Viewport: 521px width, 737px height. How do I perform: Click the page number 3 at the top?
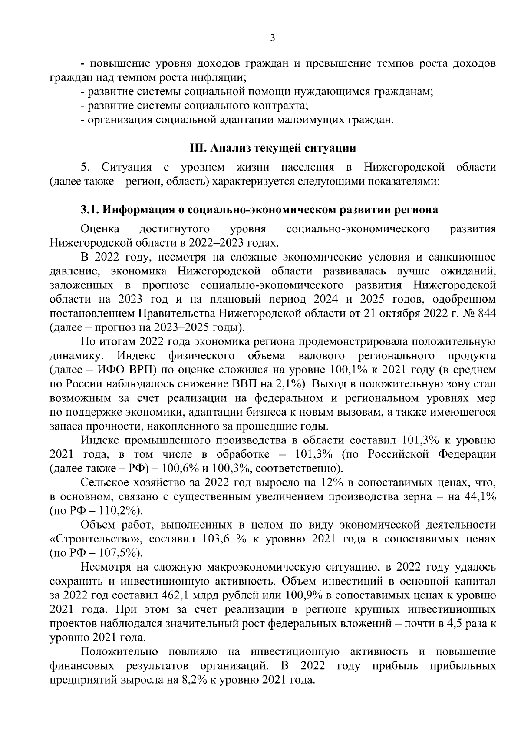[272, 38]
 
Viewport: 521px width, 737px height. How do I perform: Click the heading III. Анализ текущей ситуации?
[273, 148]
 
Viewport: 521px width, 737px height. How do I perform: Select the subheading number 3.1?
[90, 210]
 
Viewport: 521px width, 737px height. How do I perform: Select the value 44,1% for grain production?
[480, 496]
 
